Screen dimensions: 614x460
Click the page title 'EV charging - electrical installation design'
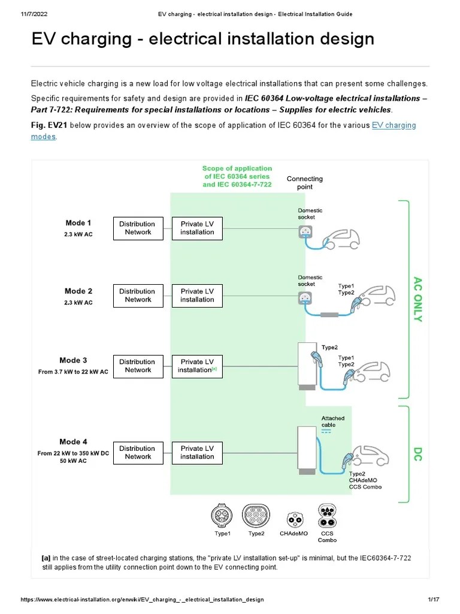pos(202,39)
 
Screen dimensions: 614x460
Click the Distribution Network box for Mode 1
pos(138,228)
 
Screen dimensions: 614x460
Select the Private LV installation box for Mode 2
pos(197,296)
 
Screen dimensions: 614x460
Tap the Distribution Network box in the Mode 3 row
pos(138,366)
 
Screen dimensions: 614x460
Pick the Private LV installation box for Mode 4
pos(197,452)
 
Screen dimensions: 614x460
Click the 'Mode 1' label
pos(78,223)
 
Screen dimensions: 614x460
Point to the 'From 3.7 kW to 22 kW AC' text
pos(73,372)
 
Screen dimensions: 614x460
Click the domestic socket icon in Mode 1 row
pos(305,232)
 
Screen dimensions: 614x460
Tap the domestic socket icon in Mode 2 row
pos(305,299)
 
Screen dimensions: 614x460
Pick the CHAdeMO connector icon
pos(293,518)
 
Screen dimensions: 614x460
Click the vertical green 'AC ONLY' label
pos(418,299)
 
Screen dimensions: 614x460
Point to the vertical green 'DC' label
pos(418,453)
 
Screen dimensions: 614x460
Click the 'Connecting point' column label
pos(304,182)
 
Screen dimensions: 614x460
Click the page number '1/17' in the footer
pos(434,600)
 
